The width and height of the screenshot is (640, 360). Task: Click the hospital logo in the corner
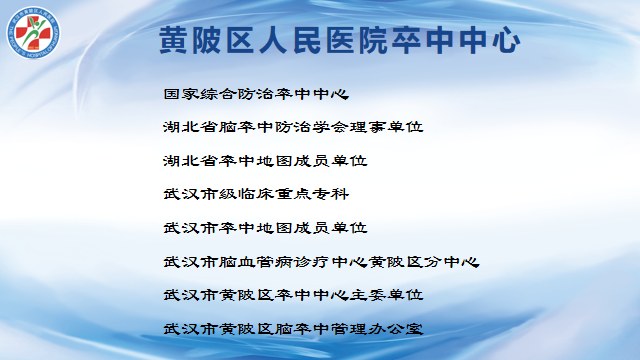pyautogui.click(x=33, y=33)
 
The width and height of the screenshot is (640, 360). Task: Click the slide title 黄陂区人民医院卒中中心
pyautogui.click(x=340, y=40)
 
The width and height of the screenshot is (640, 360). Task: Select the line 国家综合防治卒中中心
pyautogui.click(x=256, y=94)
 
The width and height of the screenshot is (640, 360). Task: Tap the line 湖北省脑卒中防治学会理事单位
pyautogui.click(x=293, y=127)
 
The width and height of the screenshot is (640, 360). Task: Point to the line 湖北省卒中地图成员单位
pyautogui.click(x=265, y=161)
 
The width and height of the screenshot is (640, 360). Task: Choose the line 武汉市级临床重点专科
pyautogui.click(x=256, y=194)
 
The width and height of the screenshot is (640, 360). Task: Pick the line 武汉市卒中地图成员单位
pyautogui.click(x=265, y=228)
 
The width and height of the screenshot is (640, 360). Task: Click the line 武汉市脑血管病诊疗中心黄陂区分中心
pyautogui.click(x=321, y=262)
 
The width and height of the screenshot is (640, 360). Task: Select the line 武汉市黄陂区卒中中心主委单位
pyautogui.click(x=293, y=295)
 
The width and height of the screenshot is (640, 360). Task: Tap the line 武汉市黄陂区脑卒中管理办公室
pyautogui.click(x=293, y=329)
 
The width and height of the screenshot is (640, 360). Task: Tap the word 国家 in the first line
pyautogui.click(x=181, y=94)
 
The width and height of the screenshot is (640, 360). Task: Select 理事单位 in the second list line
pyautogui.click(x=387, y=127)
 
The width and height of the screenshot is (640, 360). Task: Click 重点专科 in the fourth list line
pyautogui.click(x=312, y=194)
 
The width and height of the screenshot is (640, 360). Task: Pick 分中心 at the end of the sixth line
pyautogui.click(x=452, y=262)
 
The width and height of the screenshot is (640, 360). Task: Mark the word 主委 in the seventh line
pyautogui.click(x=368, y=295)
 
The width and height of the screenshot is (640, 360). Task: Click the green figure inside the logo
pyautogui.click(x=34, y=32)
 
